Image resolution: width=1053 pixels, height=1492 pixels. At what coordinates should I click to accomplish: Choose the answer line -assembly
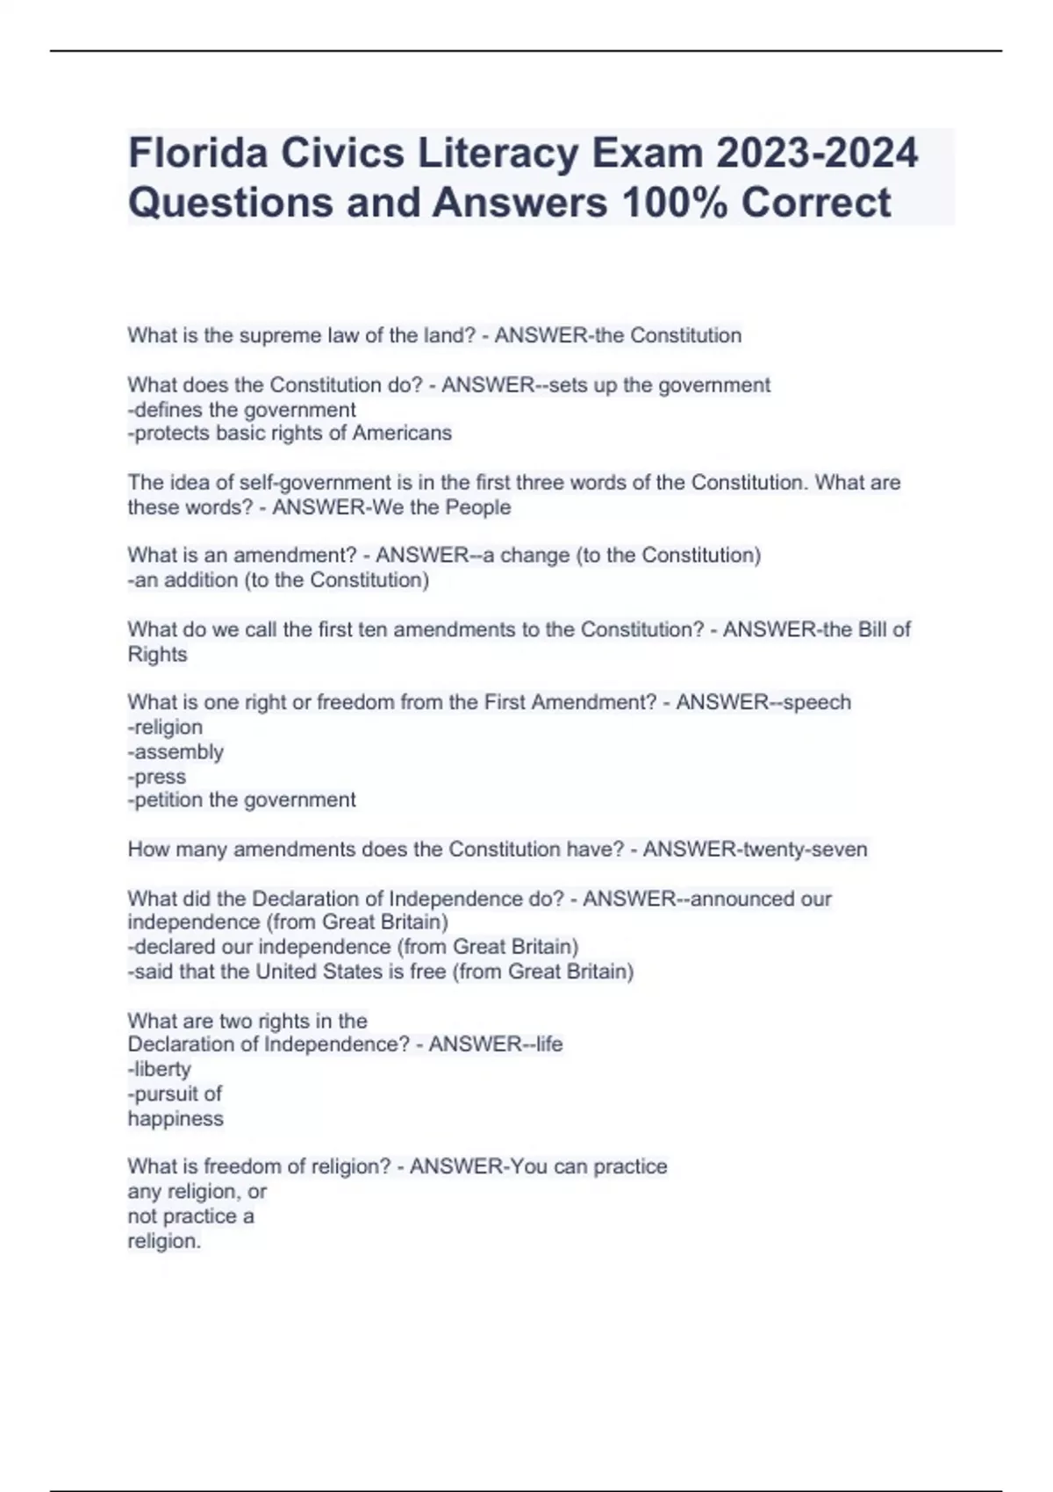coord(175,752)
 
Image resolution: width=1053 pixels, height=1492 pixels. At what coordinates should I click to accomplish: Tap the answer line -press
coord(157,777)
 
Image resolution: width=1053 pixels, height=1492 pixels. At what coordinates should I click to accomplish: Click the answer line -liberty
coord(160,1069)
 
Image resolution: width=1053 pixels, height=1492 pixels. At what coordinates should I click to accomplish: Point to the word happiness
coord(175,1119)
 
